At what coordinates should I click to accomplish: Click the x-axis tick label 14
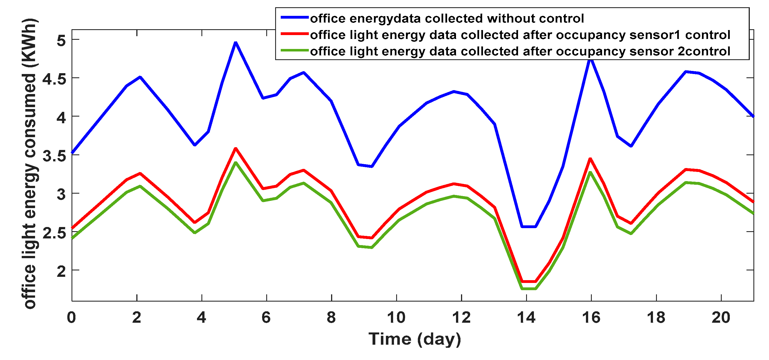(526, 318)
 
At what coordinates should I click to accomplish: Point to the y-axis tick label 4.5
(54, 79)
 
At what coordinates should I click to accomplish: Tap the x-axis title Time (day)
(415, 339)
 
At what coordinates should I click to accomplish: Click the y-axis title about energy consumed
(30, 164)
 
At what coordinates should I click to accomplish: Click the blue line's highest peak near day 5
(236, 43)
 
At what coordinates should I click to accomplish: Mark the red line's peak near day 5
(236, 148)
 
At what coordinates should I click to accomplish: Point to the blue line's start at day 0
(73, 152)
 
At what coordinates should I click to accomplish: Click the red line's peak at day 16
(590, 159)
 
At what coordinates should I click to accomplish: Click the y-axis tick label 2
(61, 271)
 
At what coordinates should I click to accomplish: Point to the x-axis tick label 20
(721, 318)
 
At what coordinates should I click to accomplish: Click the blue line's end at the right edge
(753, 116)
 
